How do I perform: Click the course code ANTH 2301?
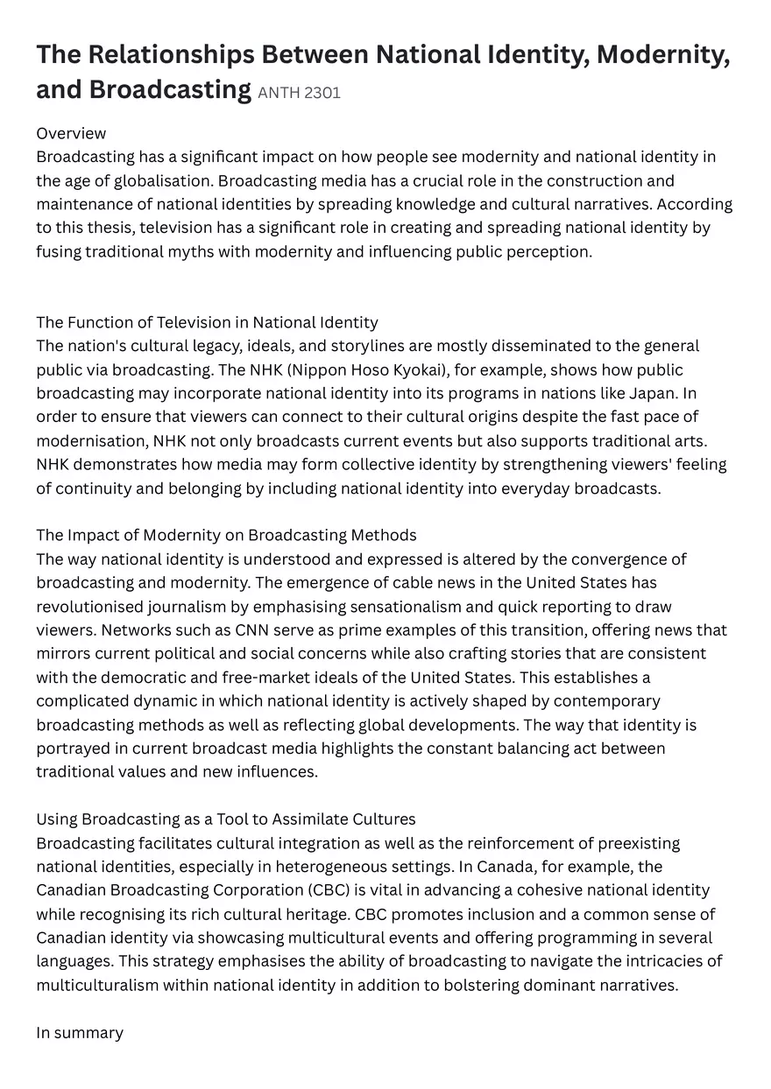299,93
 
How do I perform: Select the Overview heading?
71,133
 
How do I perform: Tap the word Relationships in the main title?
180,54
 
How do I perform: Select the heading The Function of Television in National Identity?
207,322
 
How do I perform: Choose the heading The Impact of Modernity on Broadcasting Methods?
226,535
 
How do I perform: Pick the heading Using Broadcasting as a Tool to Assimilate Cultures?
225,819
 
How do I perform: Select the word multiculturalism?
97,985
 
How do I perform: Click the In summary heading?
80,1032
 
